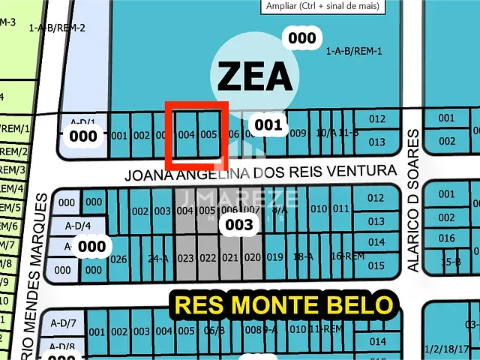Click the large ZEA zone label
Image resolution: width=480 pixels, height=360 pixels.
point(254,76)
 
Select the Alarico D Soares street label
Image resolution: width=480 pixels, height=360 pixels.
point(412,199)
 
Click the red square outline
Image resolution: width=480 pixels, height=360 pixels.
point(196,135)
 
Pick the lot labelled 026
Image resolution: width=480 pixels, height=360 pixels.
point(118,259)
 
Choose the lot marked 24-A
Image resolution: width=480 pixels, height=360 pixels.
point(157,259)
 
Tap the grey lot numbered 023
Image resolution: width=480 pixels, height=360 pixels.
point(186,258)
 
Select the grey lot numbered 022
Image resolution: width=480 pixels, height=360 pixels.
point(208,258)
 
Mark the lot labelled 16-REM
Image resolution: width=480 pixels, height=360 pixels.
point(347,256)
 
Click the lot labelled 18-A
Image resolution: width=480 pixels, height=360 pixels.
point(303,256)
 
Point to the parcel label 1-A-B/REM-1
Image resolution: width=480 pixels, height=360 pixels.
point(355,51)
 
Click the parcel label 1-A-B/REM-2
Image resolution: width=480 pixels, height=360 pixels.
point(57,28)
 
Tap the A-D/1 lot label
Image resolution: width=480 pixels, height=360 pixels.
point(82,121)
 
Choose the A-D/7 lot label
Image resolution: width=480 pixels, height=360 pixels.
point(63,322)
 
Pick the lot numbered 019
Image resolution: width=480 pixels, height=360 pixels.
point(274,257)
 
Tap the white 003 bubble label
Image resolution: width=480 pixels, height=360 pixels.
point(240,224)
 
